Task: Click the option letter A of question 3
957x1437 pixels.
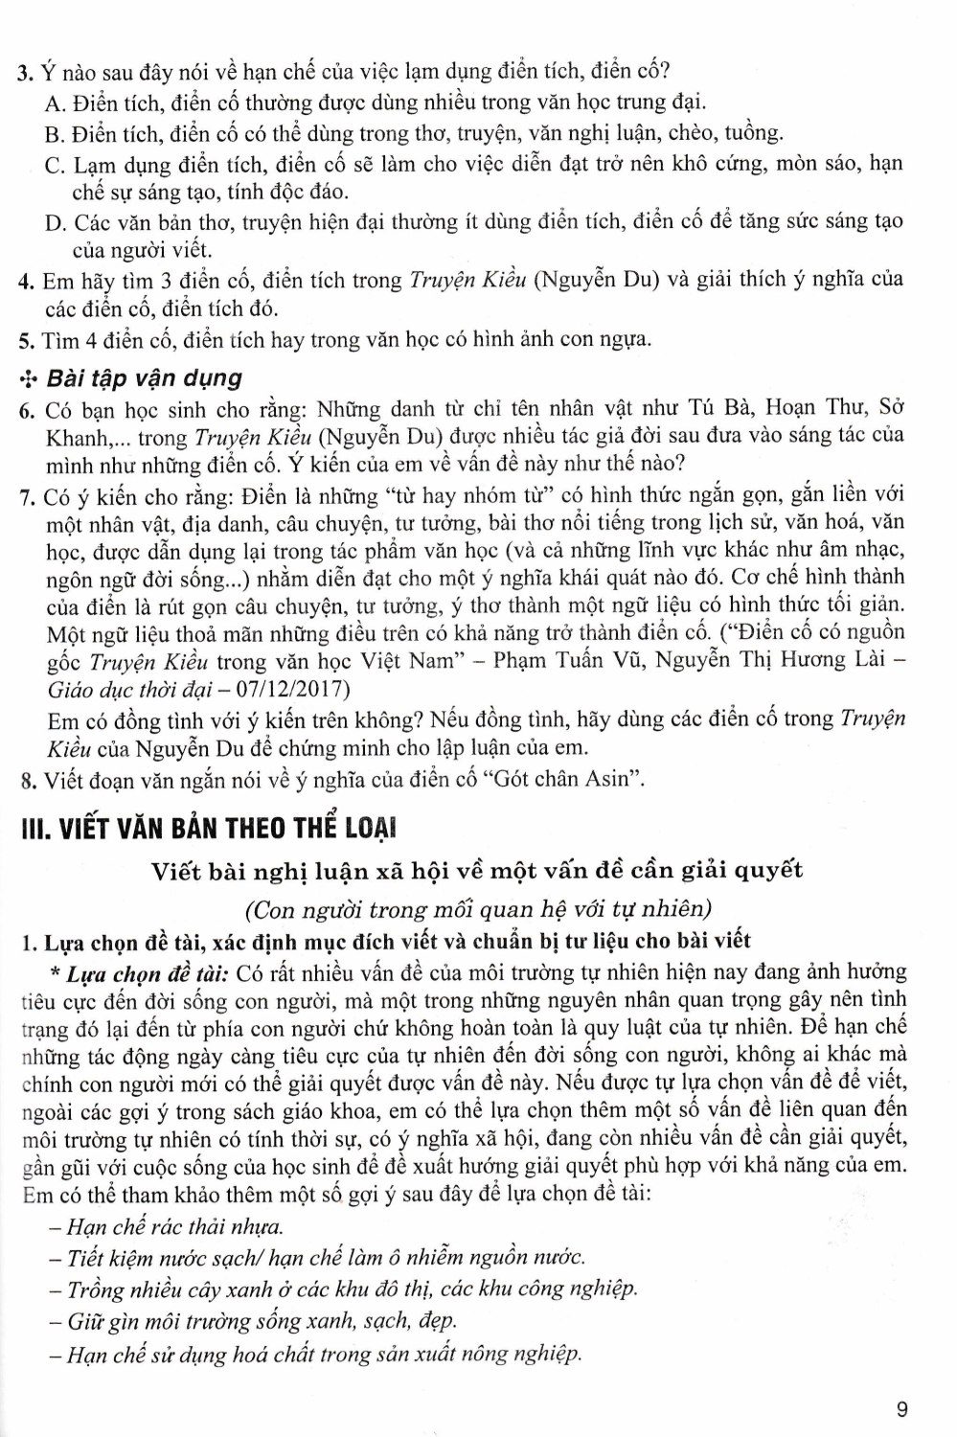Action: pos(55,103)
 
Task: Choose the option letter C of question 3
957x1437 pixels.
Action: pos(55,164)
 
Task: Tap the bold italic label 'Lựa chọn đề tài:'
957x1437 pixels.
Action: pos(146,973)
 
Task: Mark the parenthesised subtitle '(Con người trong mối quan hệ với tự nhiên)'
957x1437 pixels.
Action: pos(478,908)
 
